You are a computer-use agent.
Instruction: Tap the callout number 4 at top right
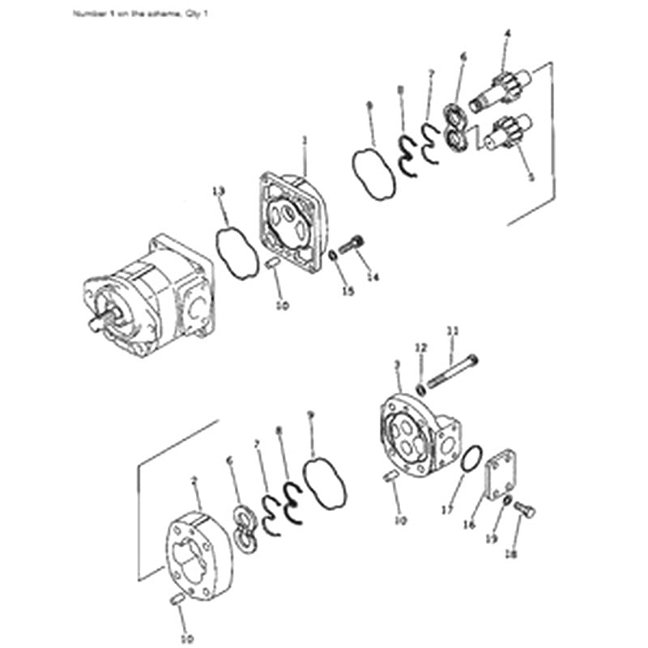507,33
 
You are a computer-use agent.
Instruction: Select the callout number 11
453,330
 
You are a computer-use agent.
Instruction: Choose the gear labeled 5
509,132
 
